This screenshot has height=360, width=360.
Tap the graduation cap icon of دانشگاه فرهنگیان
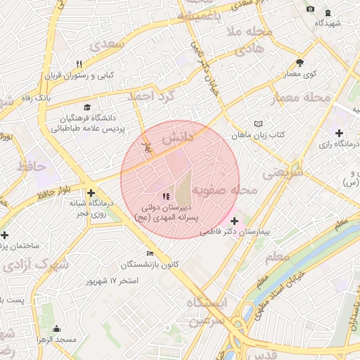coord(87,108)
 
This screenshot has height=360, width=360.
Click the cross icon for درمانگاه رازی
coord(340,133)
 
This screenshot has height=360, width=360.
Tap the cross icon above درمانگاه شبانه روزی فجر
coord(91,193)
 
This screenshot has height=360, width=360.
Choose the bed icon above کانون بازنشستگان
coord(149,253)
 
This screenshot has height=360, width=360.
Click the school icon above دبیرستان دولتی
coord(165,197)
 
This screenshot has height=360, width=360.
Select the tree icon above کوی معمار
coord(300,63)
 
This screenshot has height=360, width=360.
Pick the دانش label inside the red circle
coord(177,139)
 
